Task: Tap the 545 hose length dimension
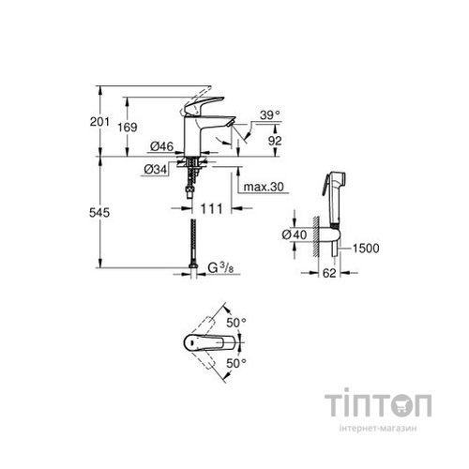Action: click(112, 213)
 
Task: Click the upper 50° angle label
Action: click(238, 322)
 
